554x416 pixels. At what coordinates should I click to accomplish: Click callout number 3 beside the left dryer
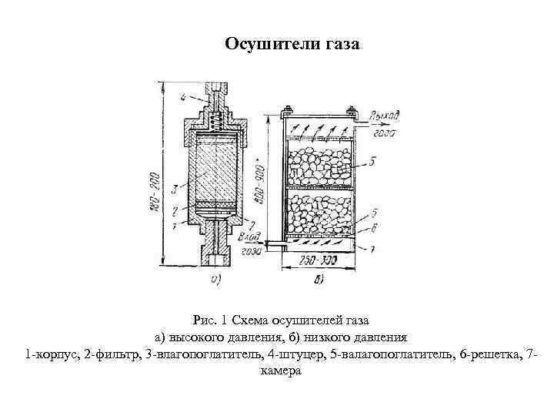(176, 188)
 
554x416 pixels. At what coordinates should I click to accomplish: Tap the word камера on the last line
(276, 371)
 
